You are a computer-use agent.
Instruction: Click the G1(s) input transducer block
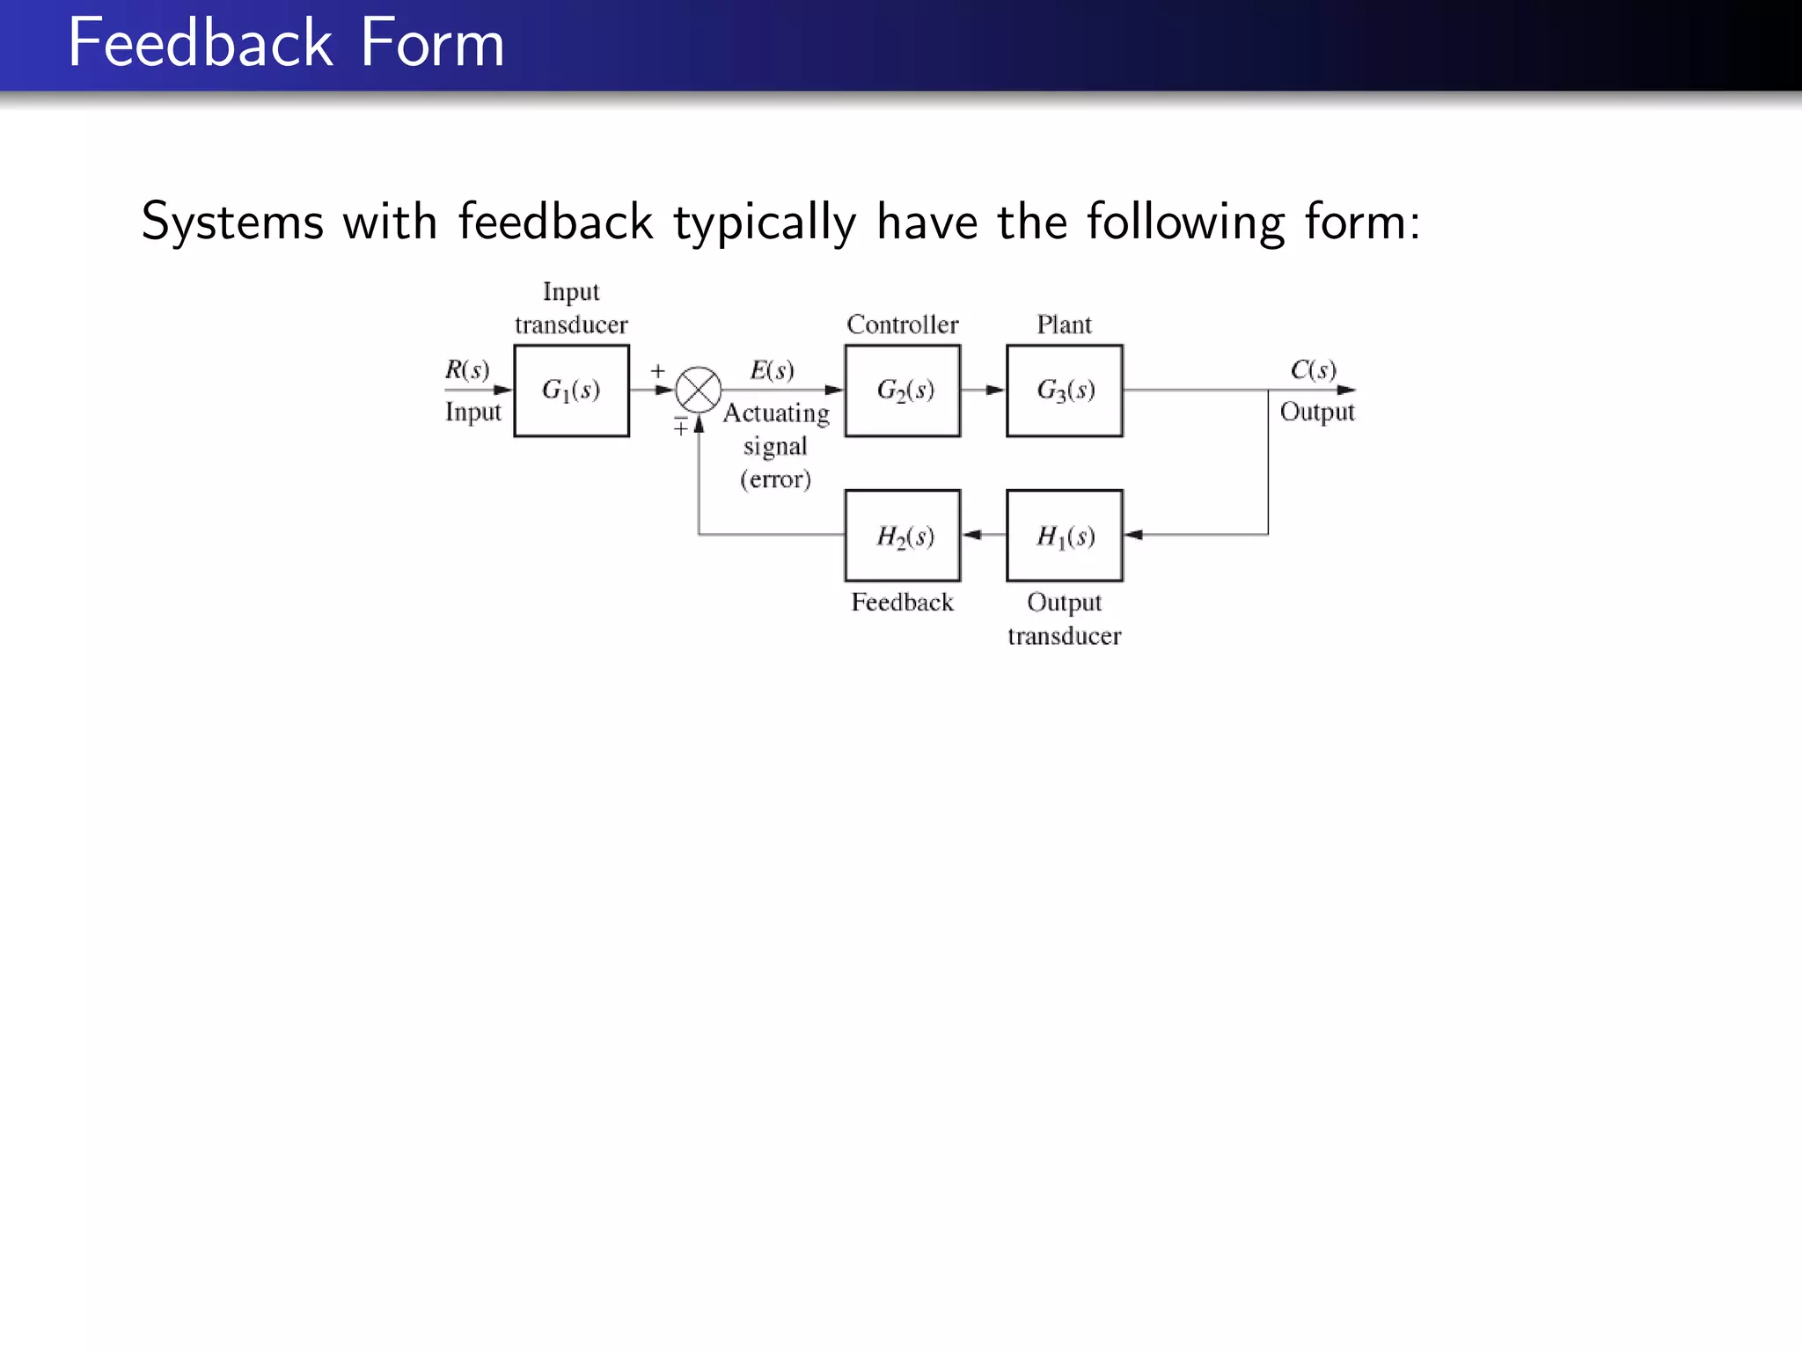[x=571, y=391]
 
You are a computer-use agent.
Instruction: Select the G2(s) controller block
[x=902, y=391]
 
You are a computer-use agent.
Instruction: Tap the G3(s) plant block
[x=1064, y=391]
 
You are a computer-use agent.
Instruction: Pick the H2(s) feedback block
[x=902, y=536]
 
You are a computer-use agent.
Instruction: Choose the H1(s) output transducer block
[x=1064, y=536]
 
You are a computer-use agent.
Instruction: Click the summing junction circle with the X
[x=699, y=390]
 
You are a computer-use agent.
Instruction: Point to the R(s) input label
[x=466, y=369]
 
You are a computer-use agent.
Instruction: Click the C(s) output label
[x=1313, y=369]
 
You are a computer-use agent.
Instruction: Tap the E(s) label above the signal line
[x=772, y=370]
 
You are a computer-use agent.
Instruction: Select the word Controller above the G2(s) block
[x=902, y=325]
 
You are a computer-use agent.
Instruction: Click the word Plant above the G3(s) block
[x=1064, y=325]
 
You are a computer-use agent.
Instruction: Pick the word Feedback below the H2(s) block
[x=902, y=602]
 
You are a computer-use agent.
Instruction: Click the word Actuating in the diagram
[x=776, y=413]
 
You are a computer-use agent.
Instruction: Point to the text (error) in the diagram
[x=775, y=479]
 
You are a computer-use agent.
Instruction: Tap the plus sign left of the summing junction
[x=657, y=371]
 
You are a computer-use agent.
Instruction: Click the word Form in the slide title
[x=432, y=43]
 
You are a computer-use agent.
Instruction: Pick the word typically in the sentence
[x=765, y=222]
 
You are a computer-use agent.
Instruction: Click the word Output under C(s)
[x=1316, y=412]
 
